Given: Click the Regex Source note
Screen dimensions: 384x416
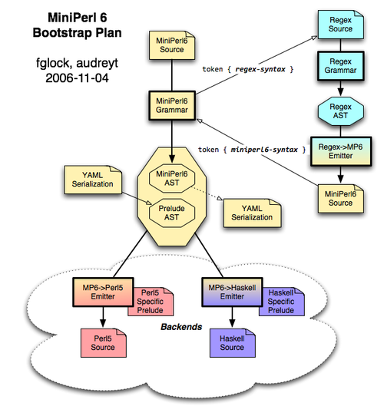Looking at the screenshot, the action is point(340,25).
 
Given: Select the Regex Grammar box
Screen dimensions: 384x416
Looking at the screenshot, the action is point(340,66).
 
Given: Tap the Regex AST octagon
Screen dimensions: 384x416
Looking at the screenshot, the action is point(340,111).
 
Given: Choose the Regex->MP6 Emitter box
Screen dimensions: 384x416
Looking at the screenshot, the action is point(341,151).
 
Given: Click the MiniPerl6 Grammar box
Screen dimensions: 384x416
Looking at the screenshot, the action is point(172,106).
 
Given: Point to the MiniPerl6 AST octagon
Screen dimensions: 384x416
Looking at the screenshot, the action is point(172,178).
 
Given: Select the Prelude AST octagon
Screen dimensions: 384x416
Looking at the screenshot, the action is point(172,213).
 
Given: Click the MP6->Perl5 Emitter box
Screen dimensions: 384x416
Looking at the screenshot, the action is point(103,292).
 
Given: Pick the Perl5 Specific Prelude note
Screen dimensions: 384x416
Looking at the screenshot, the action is point(151,302).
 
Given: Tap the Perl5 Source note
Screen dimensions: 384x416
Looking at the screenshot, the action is point(104,343).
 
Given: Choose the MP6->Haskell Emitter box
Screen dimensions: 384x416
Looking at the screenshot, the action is point(233,292).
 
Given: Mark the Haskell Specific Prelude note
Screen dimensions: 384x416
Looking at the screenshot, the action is point(282,302).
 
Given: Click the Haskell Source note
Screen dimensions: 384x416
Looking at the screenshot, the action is point(233,343).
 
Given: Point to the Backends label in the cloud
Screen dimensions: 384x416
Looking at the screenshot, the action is point(181,327).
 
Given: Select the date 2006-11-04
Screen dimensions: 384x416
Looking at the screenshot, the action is point(77,78).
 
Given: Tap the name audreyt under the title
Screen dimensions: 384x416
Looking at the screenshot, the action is point(98,64).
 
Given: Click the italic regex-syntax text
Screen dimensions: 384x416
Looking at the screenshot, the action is point(260,70).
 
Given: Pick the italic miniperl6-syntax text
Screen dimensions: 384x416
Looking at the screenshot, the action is point(264,150).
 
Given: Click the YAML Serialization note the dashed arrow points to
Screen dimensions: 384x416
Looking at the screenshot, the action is point(252,213).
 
